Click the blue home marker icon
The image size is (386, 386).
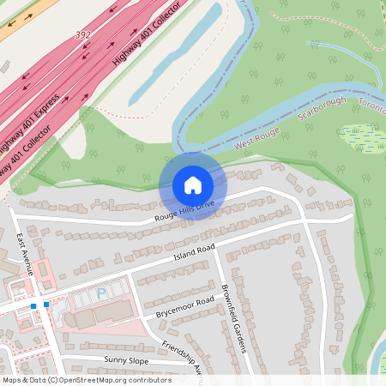(x=193, y=184)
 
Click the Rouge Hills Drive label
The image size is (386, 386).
(x=183, y=211)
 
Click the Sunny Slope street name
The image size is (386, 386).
(x=127, y=359)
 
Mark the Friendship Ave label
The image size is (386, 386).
(x=181, y=358)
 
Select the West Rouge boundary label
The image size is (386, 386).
(x=257, y=137)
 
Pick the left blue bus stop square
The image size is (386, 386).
(x=33, y=305)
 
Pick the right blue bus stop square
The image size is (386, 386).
(x=46, y=305)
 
